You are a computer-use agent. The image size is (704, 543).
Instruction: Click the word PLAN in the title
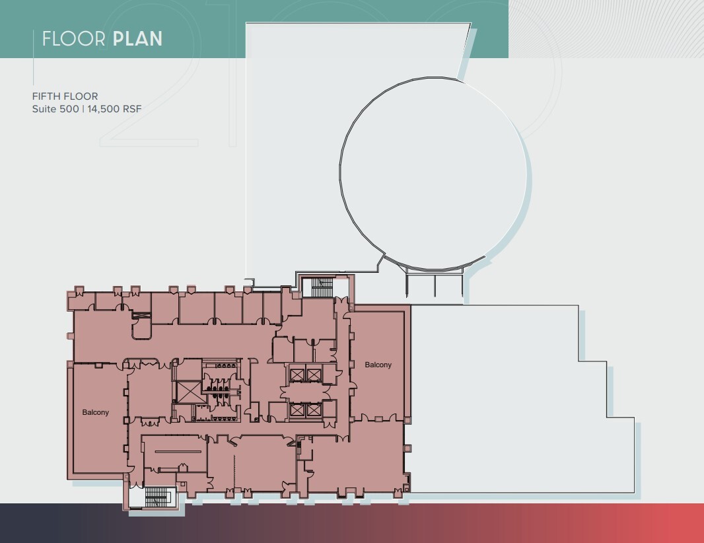click(137, 38)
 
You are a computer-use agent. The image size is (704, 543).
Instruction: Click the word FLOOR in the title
click(74, 38)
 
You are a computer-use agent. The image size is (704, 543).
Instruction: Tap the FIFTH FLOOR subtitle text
click(65, 96)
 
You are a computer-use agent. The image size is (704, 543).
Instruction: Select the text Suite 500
click(55, 108)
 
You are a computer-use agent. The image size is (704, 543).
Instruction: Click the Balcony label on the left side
click(96, 412)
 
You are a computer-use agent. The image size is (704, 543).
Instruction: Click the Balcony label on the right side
click(378, 365)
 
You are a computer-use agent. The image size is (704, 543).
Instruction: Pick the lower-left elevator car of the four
click(297, 410)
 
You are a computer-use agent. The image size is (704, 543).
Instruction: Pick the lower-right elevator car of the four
click(314, 410)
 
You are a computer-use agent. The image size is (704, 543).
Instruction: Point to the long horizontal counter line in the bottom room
click(173, 451)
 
